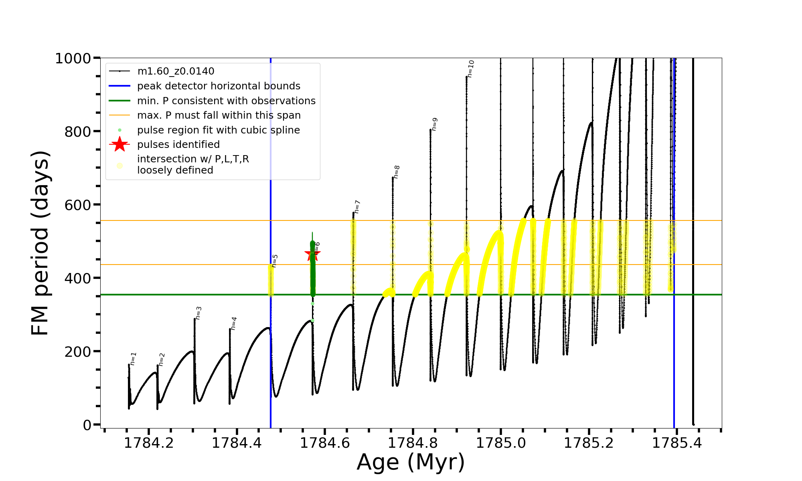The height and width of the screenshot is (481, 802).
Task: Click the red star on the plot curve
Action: click(312, 254)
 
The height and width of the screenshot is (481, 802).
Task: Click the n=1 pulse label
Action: click(134, 359)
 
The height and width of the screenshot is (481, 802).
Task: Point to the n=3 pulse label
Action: click(198, 313)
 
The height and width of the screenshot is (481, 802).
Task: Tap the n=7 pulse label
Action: click(357, 207)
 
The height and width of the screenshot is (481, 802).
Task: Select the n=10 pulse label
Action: click(471, 69)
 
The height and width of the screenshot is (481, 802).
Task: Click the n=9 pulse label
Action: click(435, 124)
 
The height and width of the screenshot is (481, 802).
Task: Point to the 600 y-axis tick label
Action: click(78, 205)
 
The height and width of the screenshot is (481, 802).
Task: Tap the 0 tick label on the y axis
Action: click(87, 425)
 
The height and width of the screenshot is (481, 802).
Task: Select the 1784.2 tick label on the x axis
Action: click(149, 443)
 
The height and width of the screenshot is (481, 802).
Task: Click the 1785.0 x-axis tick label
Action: click(501, 443)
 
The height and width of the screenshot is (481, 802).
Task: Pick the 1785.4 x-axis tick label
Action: click(677, 443)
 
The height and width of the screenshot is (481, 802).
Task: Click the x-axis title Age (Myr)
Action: click(411, 462)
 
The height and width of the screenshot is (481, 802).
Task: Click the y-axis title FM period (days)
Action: click(40, 243)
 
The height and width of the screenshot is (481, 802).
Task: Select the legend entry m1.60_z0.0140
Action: click(176, 71)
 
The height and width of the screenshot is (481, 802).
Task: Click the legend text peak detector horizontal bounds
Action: click(219, 86)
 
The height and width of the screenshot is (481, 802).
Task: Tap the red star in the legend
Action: click(119, 144)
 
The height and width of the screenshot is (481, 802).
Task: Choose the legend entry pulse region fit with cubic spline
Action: click(218, 130)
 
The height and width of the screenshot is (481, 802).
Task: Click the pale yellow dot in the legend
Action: click(119, 165)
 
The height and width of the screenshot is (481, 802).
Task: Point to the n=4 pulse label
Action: click(234, 323)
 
